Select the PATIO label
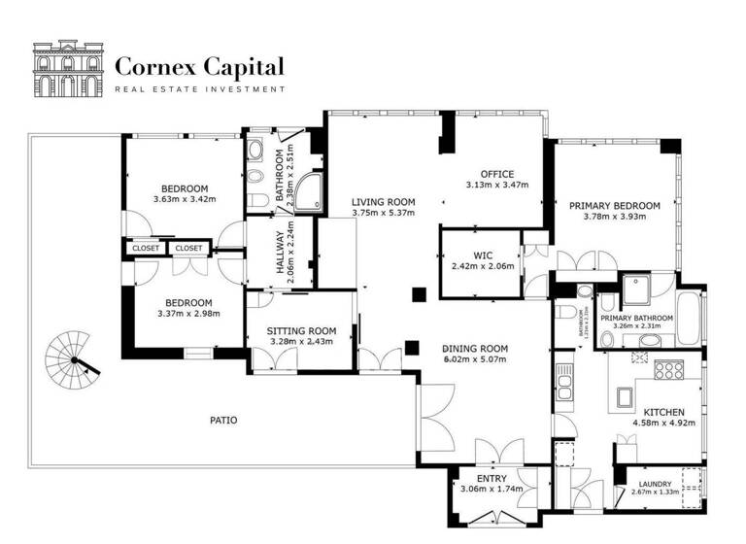223,421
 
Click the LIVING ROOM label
383,201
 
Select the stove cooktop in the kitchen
668,370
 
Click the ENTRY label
492,477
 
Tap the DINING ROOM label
475,348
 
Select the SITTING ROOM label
300,330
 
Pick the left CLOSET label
146,248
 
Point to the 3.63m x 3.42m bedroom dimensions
184,199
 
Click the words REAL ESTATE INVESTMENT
199,89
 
